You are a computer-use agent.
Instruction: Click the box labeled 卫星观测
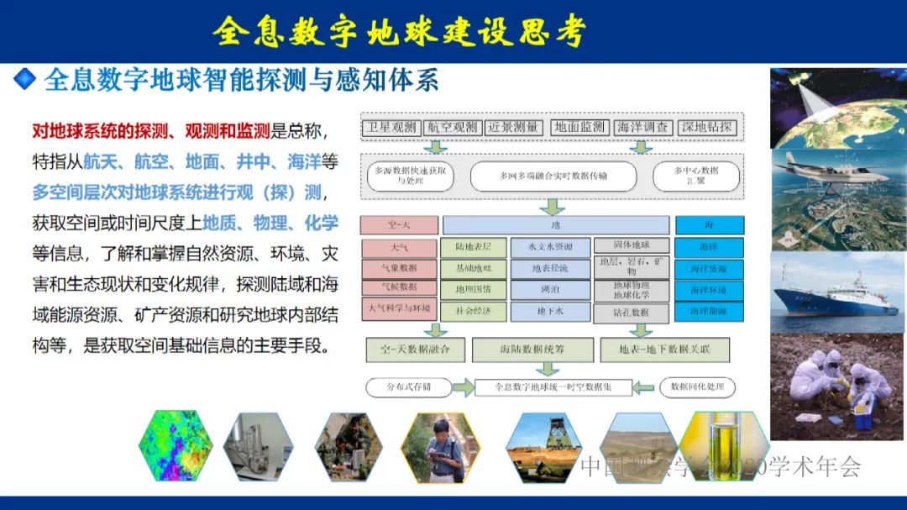pos(391,128)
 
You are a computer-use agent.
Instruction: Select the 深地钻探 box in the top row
pos(707,128)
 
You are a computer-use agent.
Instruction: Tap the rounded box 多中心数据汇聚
pos(696,176)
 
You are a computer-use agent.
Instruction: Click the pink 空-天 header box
pos(399,225)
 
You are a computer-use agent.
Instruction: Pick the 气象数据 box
pos(399,268)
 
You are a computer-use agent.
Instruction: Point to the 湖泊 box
pos(551,290)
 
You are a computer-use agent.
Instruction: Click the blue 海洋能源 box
pos(709,311)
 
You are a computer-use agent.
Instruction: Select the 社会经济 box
pos(474,311)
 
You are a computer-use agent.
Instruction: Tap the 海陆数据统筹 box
pos(532,349)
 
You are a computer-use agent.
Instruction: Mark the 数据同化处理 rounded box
pos(696,387)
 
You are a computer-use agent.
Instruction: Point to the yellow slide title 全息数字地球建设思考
pos(398,31)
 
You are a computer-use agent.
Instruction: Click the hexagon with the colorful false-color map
pos(175,446)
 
